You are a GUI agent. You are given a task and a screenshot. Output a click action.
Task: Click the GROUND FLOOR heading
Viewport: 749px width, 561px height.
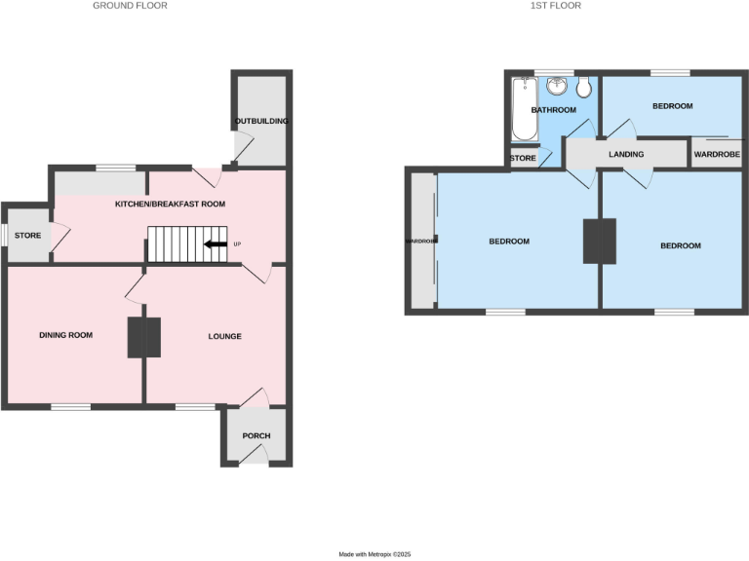click(130, 6)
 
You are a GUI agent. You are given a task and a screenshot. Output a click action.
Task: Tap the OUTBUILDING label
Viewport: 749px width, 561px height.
click(261, 121)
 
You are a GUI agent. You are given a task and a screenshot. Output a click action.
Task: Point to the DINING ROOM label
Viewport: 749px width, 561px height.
click(65, 335)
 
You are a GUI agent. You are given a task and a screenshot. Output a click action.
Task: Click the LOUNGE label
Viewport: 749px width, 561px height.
click(224, 336)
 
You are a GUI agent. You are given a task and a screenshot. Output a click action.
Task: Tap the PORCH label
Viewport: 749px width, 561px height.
click(256, 435)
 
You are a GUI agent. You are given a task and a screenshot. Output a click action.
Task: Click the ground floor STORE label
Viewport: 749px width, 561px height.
click(26, 235)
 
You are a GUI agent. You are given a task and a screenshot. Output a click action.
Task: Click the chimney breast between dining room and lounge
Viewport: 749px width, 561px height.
click(144, 338)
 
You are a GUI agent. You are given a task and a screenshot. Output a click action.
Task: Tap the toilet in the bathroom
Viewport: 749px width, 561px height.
click(583, 89)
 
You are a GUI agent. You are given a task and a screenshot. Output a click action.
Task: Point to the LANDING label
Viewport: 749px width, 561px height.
click(625, 155)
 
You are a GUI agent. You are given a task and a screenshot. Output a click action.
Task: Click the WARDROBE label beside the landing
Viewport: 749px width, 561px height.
click(717, 155)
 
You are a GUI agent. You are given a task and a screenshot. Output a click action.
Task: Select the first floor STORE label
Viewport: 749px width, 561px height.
click(523, 157)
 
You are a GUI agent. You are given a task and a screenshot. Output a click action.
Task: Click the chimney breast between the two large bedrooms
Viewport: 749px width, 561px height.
click(599, 241)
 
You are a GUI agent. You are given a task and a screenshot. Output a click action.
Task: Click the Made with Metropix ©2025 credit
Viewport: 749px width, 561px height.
click(375, 554)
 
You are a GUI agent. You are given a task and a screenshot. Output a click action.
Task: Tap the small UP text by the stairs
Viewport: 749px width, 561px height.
click(237, 244)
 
